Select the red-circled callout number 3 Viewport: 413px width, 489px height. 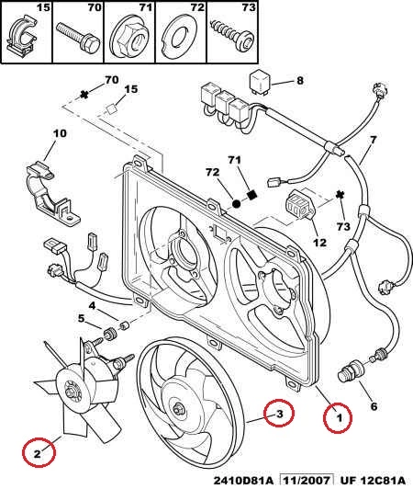tap(280, 414)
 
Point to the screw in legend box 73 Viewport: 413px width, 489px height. tap(232, 35)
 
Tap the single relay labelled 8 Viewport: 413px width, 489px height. tap(261, 80)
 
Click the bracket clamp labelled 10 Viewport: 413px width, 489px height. tap(51, 192)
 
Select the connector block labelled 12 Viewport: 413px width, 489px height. tap(300, 206)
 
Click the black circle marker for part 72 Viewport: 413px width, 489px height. tap(236, 204)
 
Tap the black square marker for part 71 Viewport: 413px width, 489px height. tap(252, 195)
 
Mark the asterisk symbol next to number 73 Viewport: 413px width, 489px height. tap(340, 195)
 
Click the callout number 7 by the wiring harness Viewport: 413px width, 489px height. tap(373, 140)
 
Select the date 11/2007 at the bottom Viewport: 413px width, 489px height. tap(307, 481)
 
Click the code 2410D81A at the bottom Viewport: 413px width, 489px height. tap(243, 481)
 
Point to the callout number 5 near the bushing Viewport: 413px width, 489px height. tap(81, 319)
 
